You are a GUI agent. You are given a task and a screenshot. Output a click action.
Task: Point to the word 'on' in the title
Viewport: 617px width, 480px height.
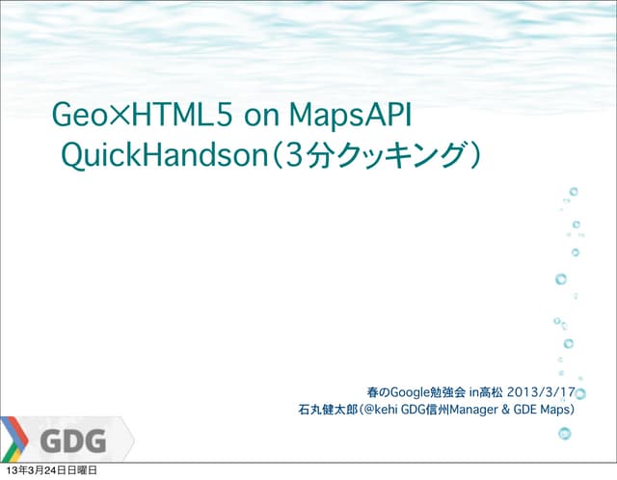tap(262, 118)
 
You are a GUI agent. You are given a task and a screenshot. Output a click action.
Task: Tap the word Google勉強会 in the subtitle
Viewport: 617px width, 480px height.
tap(430, 392)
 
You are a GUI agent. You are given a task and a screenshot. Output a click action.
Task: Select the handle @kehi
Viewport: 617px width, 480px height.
tap(379, 411)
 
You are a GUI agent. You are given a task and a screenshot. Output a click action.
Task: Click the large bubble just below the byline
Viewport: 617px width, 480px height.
tap(564, 434)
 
